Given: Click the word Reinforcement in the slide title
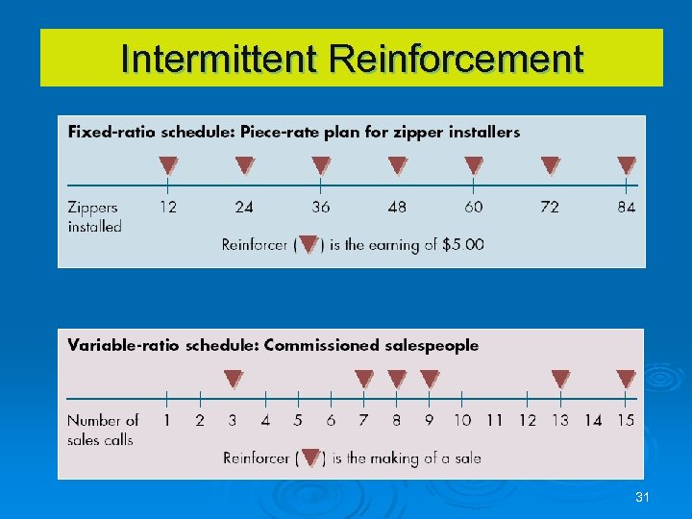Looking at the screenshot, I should click(x=456, y=59).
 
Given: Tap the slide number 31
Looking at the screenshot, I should click(x=642, y=497).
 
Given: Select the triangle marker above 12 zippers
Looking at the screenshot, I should click(x=168, y=165).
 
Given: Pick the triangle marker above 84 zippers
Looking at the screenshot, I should click(x=627, y=165).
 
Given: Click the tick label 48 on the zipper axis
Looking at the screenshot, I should click(x=397, y=207).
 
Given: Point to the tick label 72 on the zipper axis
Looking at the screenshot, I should click(x=550, y=207).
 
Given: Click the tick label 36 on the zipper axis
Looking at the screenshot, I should click(x=321, y=207).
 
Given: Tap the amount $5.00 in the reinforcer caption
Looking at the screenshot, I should click(x=462, y=244).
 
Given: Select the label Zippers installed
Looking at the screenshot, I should click(x=94, y=216).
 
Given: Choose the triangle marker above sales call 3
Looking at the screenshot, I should click(x=234, y=379).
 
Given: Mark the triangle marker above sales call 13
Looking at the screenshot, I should click(x=559, y=379).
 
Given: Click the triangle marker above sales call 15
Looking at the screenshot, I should click(x=626, y=379).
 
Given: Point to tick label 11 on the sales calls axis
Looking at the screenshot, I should click(x=495, y=420).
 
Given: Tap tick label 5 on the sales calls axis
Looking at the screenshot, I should click(x=298, y=420).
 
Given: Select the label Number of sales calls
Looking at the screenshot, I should click(x=102, y=430).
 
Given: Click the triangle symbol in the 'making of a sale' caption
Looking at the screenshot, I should click(x=310, y=457).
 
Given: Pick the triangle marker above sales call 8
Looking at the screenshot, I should click(x=397, y=379).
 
